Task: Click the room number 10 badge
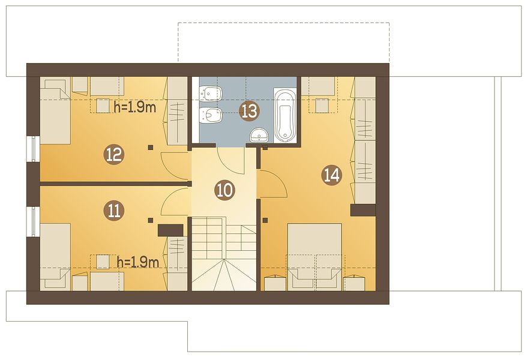click(x=224, y=190)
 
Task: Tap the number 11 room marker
click(x=114, y=211)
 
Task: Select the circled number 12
click(x=114, y=155)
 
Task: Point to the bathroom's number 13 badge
click(x=249, y=111)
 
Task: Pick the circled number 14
click(x=332, y=175)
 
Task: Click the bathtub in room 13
click(x=285, y=115)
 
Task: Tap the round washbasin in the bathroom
click(x=259, y=135)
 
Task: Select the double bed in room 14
click(x=315, y=257)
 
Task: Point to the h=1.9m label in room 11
click(x=138, y=263)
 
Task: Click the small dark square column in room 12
click(x=151, y=147)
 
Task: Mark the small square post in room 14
click(x=265, y=220)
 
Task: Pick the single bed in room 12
click(x=55, y=112)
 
